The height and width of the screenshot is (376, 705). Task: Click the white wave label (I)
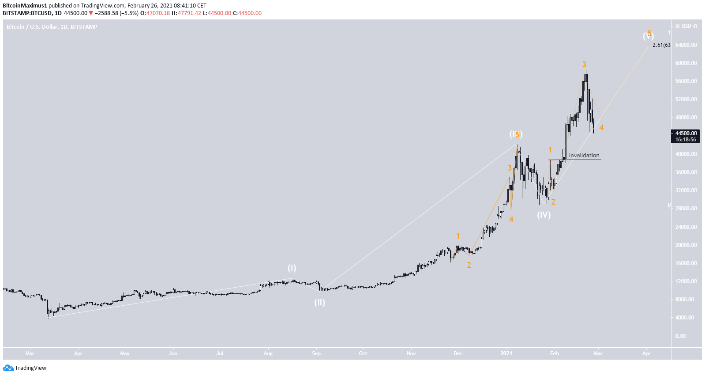[292, 268]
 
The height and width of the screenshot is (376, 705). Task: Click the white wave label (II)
[319, 303]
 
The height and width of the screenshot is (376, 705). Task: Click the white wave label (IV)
[544, 215]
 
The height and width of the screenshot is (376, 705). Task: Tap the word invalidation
[584, 155]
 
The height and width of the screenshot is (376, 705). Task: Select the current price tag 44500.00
[686, 133]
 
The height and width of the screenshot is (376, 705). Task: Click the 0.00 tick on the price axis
[680, 336]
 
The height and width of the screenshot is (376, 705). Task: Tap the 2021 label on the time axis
[506, 353]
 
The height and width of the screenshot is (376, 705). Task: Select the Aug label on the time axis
[268, 353]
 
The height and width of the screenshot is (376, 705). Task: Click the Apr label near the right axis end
[646, 353]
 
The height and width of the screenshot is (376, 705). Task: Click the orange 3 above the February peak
[584, 65]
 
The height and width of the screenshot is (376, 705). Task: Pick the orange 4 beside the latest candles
[601, 128]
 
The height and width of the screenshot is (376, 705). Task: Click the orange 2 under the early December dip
[469, 265]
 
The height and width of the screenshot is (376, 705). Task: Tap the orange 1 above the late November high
[458, 236]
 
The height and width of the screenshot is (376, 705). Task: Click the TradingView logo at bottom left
[25, 368]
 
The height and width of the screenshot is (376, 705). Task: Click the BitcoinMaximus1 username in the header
[25, 6]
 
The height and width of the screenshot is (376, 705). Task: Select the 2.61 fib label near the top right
[661, 45]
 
